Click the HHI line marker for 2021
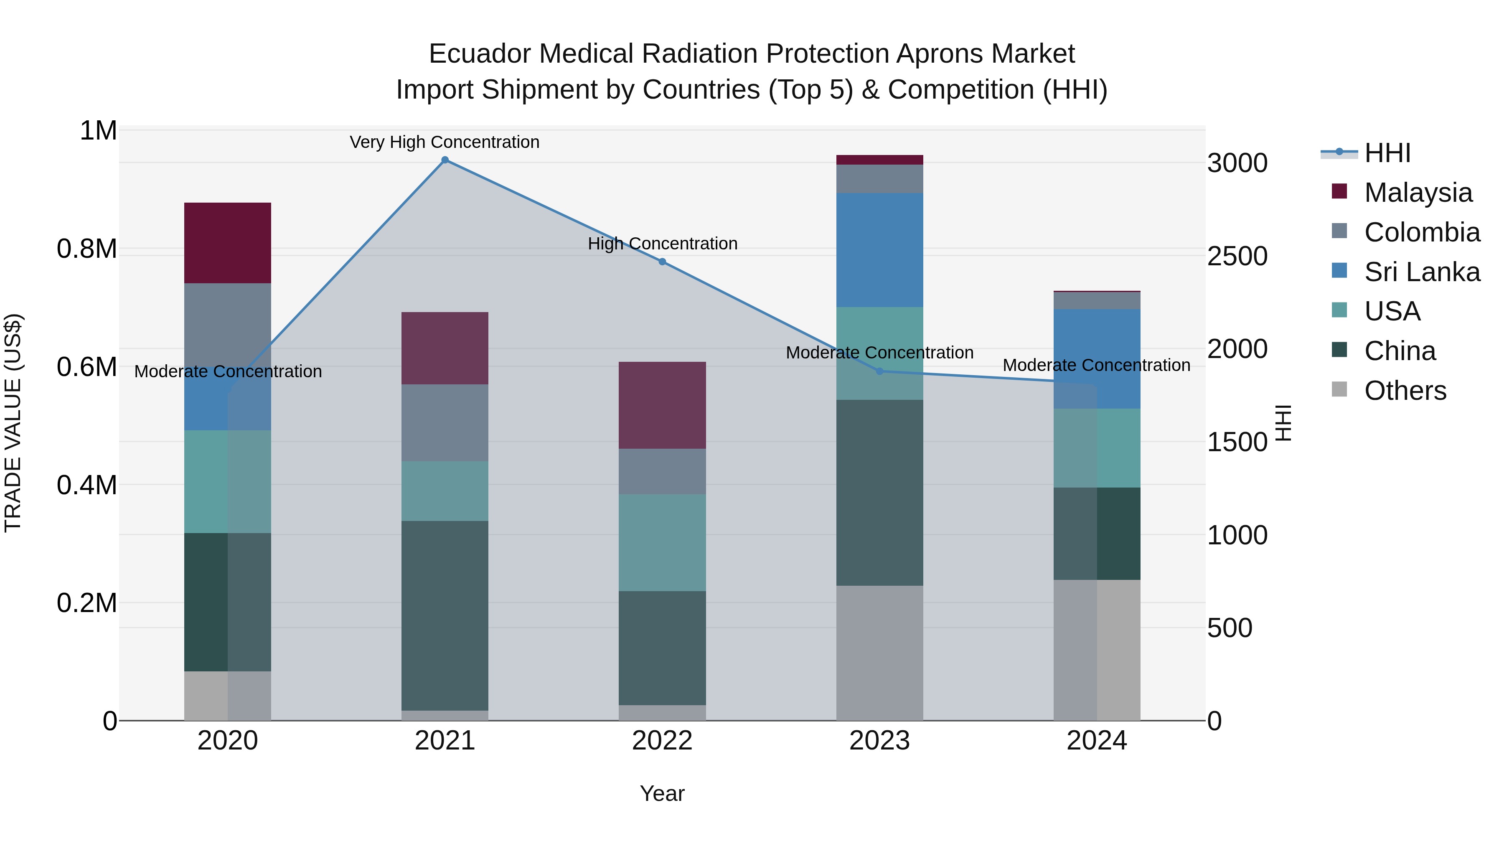[x=445, y=160]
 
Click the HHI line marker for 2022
[x=662, y=262]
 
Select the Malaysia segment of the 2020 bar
[x=228, y=243]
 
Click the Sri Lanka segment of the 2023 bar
[x=879, y=250]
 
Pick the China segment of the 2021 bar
[x=445, y=615]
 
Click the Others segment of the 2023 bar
[x=879, y=653]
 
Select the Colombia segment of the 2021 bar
[x=445, y=423]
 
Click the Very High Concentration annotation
[x=445, y=142]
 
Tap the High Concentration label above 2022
[x=662, y=244]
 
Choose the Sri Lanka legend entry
[x=1421, y=272]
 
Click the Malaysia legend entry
[x=1418, y=193]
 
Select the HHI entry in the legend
[x=1387, y=153]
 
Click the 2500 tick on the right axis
[x=1237, y=257]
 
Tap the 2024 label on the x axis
[x=1097, y=741]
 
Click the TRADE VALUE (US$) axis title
[x=13, y=423]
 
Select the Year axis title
[x=662, y=793]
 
